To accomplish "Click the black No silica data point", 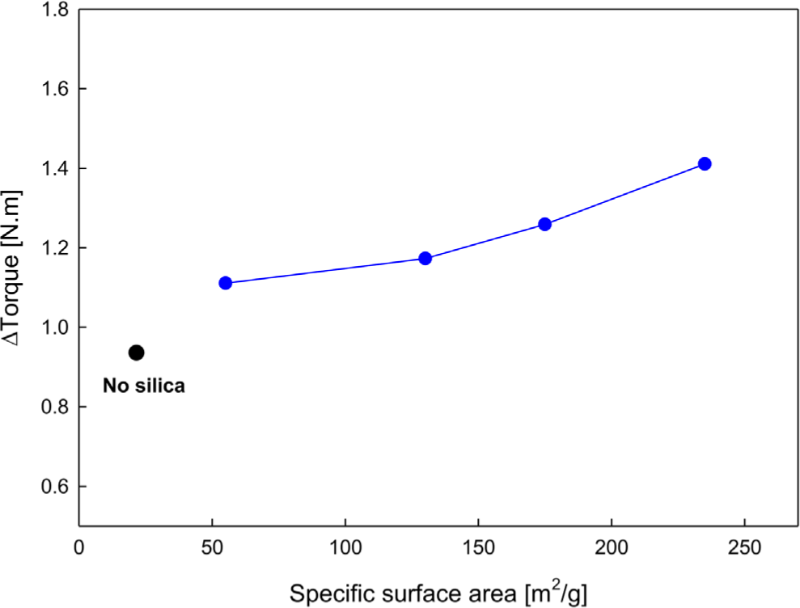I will coord(136,353).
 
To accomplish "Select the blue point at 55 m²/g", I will coord(226,283).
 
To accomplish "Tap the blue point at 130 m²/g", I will coord(425,259).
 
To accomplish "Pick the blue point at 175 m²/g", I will coord(544,224).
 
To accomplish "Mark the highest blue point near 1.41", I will coord(705,164).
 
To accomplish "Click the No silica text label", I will coord(144,386).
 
